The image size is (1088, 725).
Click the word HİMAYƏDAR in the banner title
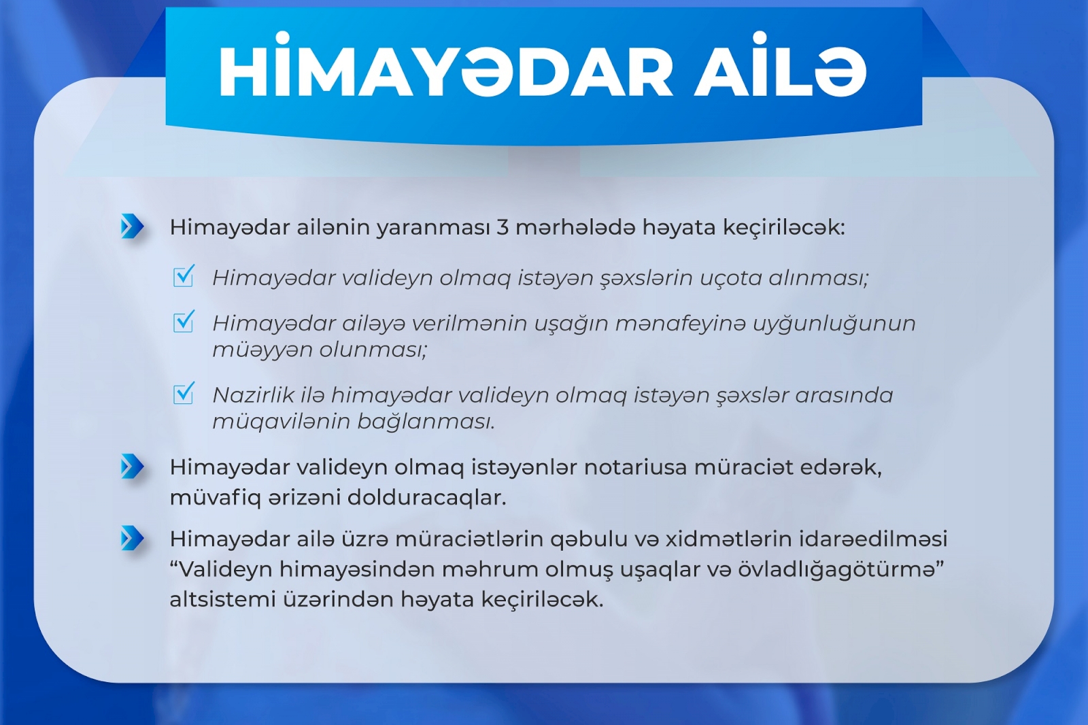[446, 68]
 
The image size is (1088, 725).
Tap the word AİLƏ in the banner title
[780, 68]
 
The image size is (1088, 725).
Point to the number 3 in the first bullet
[503, 227]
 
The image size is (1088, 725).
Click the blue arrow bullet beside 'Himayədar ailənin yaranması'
[132, 226]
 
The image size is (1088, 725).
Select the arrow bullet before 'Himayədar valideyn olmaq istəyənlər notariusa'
[132, 467]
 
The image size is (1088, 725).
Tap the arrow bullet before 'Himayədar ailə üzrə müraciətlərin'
[132, 538]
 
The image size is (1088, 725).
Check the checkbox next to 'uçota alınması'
[184, 276]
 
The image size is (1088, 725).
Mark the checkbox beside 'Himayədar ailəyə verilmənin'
[184, 321]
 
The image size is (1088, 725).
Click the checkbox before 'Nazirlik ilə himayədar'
[184, 393]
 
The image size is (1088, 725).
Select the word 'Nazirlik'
[253, 395]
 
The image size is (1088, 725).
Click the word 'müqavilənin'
[281, 421]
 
